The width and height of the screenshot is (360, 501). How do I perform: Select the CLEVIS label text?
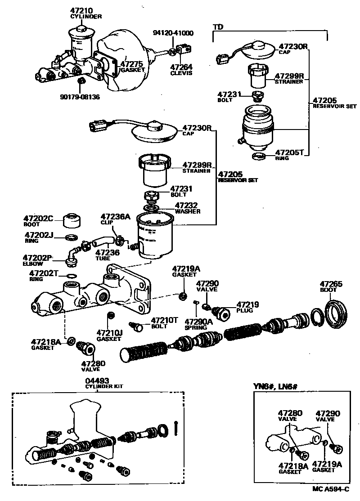tap(181, 73)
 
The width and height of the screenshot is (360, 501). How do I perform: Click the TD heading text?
tap(217, 27)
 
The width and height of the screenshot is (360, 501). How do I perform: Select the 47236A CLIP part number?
tap(115, 217)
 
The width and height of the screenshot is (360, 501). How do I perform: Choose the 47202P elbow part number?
tap(38, 258)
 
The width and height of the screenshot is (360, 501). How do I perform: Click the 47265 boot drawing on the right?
tap(337, 311)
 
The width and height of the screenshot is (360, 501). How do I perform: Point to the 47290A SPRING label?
tap(198, 322)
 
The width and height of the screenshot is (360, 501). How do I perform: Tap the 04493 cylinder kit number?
tap(97, 380)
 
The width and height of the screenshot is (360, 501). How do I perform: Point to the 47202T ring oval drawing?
tap(71, 276)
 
